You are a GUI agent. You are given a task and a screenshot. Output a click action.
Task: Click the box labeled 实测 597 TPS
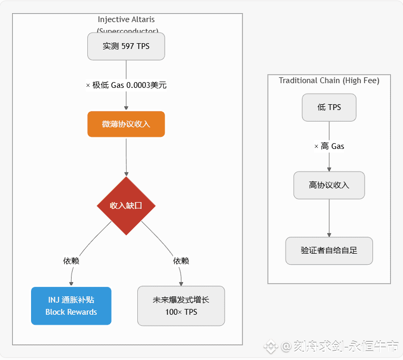126,46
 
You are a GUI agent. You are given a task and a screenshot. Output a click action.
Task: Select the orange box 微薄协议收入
126,124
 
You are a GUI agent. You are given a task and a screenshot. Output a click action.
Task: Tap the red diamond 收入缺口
126,206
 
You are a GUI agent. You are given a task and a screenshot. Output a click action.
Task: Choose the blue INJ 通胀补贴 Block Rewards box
71,306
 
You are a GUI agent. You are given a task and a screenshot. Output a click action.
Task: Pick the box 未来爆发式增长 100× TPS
181,306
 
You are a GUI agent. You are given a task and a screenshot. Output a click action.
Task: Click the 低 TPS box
329,107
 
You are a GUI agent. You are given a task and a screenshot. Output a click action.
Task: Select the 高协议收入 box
329,185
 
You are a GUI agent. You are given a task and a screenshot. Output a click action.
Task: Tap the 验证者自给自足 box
329,251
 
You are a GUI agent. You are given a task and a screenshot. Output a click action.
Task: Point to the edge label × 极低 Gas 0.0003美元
126,85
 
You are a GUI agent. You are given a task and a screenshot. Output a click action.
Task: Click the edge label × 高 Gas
329,146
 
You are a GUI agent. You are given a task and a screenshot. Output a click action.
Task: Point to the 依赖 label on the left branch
71,261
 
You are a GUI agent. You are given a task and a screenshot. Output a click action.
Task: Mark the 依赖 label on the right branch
181,261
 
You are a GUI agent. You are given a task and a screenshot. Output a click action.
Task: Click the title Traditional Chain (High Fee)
329,81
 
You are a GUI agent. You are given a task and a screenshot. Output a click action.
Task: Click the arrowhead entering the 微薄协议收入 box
126,108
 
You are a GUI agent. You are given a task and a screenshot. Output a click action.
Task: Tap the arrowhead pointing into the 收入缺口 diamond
126,174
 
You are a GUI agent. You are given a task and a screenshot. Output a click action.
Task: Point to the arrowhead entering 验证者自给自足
329,234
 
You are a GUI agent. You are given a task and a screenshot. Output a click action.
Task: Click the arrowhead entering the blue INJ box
71,284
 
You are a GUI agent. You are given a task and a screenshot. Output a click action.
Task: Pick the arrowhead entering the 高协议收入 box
329,169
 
